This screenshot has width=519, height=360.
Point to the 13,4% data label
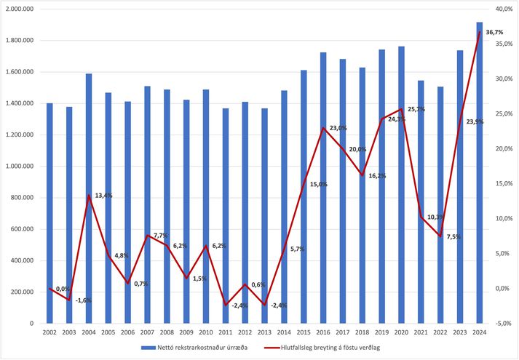pos(104,196)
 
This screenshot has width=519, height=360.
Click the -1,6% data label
pos(84,300)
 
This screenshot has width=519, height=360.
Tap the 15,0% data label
pos(319,184)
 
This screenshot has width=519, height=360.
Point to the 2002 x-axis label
pos(49,332)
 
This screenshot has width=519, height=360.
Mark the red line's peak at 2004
pos(89,196)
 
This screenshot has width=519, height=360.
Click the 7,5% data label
pos(454,236)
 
